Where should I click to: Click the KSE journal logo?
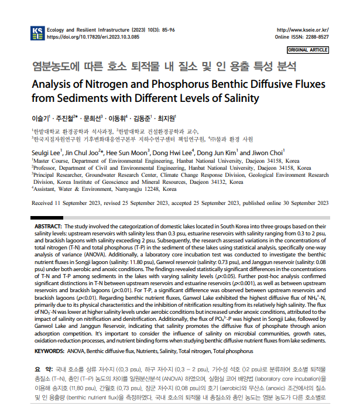tap(37, 33)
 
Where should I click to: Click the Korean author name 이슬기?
tap(40, 118)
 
